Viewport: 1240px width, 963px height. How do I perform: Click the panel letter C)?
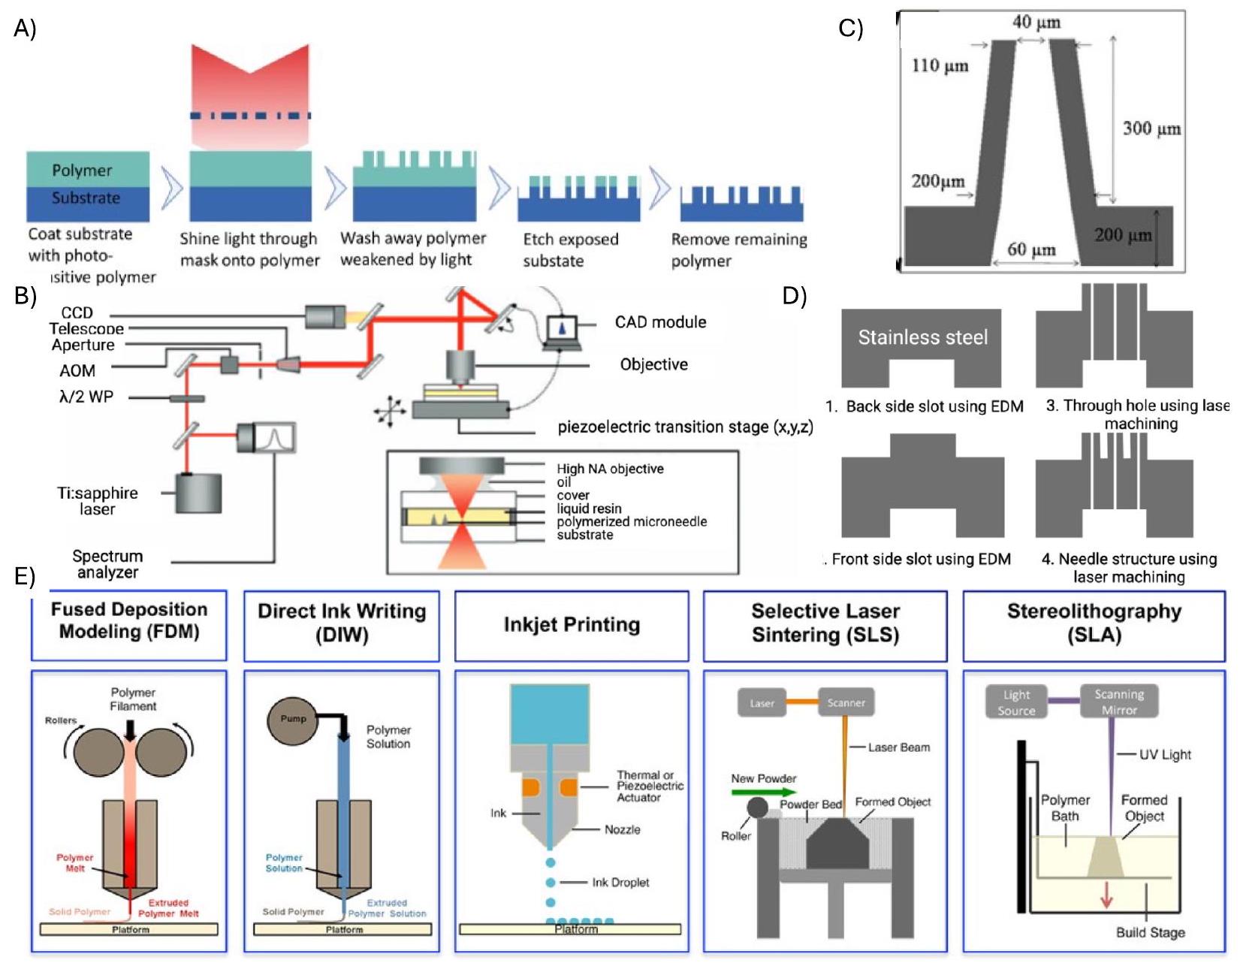850,29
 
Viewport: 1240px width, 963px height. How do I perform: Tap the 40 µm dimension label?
1036,22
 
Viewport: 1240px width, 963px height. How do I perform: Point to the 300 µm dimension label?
1151,128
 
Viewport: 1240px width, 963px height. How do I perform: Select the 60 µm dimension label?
1031,249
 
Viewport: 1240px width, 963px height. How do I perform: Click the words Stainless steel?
922,337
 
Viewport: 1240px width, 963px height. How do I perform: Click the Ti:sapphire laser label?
98,501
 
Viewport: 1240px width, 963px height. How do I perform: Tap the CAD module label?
660,322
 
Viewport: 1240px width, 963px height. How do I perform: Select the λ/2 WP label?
86,397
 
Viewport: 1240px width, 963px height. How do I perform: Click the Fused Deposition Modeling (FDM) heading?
129,620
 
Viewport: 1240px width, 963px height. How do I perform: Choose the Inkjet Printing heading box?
572,625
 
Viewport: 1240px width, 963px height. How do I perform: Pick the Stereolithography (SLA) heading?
1094,623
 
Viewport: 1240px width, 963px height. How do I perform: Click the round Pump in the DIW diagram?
293,720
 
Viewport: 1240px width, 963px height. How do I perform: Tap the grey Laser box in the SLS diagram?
762,703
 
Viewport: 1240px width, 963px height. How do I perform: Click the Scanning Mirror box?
1118,702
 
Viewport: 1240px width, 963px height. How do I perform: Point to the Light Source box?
1016,702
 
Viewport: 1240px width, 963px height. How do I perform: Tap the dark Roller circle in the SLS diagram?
757,808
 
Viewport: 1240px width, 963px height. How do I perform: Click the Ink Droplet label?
620,883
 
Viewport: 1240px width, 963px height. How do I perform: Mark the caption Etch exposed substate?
571,250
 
